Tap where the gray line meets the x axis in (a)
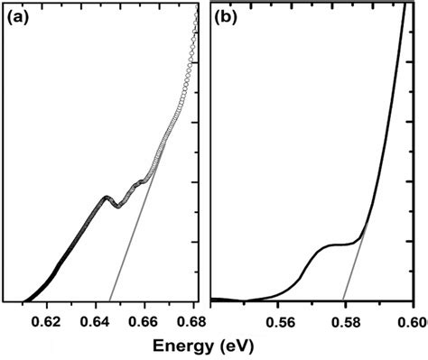point(109,300)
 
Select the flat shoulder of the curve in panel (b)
point(339,245)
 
